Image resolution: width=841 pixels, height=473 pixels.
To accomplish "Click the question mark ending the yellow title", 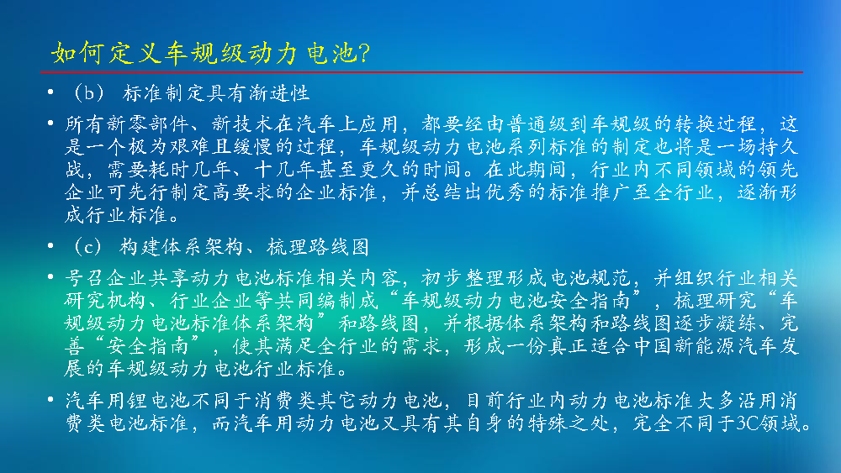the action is [364, 53].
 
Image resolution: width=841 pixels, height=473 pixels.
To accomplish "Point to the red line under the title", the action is [421, 71].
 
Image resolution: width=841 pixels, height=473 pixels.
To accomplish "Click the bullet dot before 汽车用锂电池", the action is [50, 399].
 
